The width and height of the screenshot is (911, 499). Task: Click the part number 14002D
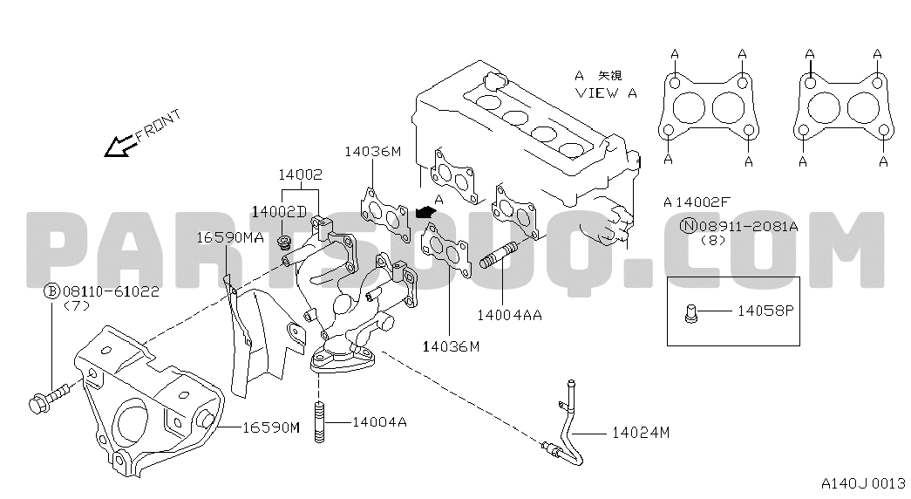[x=279, y=211]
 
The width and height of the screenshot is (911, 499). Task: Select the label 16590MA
[x=229, y=236]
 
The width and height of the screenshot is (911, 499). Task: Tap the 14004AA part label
[x=509, y=314]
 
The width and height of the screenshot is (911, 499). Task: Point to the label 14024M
[x=640, y=431]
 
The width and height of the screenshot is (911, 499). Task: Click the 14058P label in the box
[x=767, y=309]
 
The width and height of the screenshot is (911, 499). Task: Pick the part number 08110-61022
[x=111, y=291]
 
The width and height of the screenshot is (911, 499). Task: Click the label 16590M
[x=270, y=427]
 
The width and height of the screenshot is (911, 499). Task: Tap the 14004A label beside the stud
[x=379, y=422]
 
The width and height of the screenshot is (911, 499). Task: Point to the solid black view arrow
[x=425, y=211]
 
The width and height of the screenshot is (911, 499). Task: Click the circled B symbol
[x=52, y=291]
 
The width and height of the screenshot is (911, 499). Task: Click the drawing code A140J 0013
[x=862, y=482]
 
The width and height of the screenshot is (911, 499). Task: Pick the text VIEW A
[x=606, y=92]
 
